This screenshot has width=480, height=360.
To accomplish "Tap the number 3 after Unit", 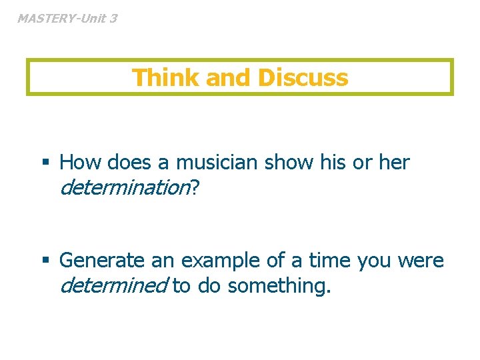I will (113, 19).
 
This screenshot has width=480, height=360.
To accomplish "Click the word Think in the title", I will (165, 78).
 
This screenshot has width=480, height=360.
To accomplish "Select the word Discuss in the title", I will (303, 78).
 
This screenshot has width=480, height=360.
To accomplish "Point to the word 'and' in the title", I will (229, 78).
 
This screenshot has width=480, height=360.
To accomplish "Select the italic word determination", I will (125, 188).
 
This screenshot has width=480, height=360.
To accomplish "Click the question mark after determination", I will (195, 188).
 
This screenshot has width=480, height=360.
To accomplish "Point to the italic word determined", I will (113, 286).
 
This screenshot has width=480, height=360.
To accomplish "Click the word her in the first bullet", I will (394, 163).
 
